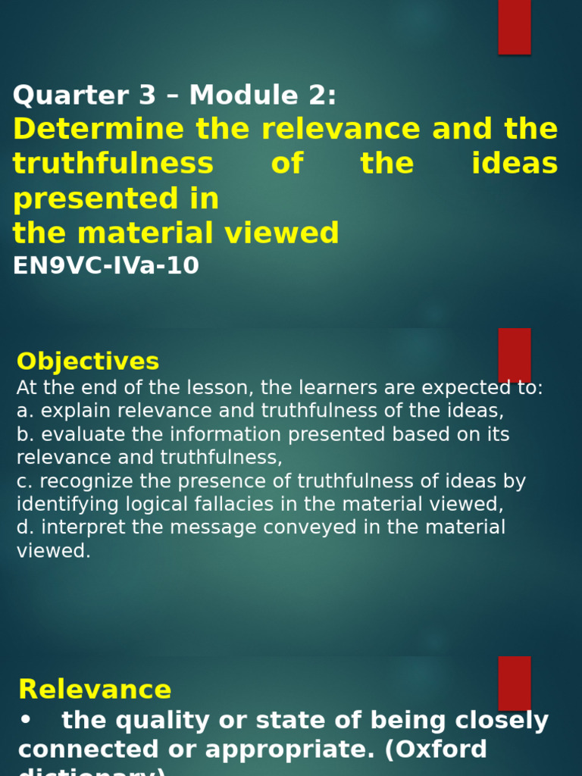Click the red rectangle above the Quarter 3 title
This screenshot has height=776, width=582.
[x=514, y=27]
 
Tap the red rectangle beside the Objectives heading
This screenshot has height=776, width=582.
[x=514, y=355]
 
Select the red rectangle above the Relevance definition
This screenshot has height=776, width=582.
[x=514, y=683]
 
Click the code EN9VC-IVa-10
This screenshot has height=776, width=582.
[x=106, y=266]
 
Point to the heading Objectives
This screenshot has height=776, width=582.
[x=88, y=361]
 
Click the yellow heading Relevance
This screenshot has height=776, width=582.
[x=95, y=690]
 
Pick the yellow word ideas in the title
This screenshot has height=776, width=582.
[x=515, y=164]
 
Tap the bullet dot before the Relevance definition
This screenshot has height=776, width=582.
[x=25, y=721]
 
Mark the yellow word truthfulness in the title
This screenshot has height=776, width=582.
[x=114, y=164]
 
